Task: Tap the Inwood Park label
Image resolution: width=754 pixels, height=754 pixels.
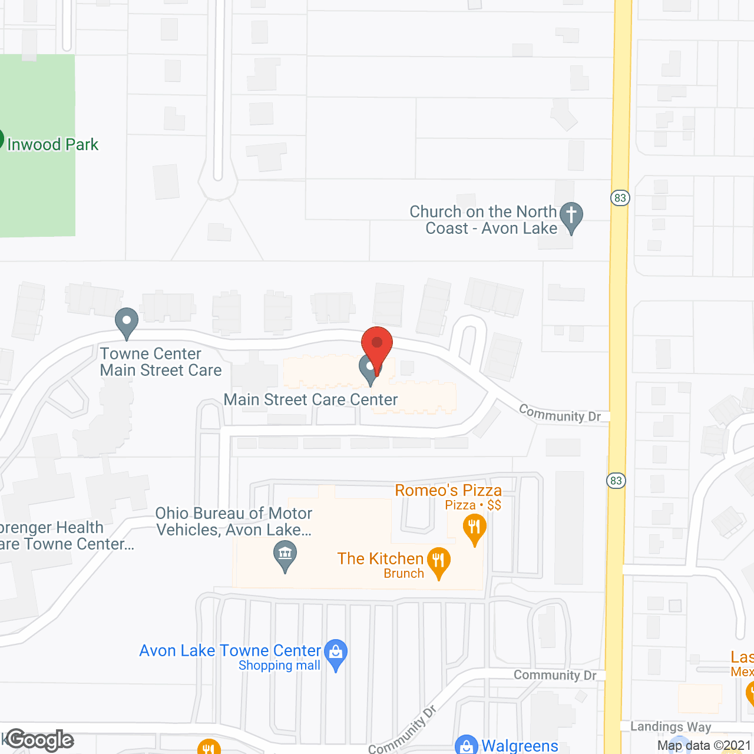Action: [x=52, y=144]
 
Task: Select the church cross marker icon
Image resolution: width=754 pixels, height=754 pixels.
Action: [x=571, y=217]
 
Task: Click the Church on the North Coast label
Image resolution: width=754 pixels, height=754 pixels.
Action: [x=483, y=220]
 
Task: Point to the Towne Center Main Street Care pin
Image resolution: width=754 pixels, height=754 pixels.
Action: [x=126, y=323]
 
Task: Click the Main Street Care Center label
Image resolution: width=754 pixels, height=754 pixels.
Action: [x=310, y=399]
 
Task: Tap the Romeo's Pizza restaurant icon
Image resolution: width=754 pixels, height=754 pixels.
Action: [x=474, y=528]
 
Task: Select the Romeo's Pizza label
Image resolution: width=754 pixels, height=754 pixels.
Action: [x=448, y=490]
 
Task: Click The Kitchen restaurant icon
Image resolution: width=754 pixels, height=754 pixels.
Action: [x=438, y=561]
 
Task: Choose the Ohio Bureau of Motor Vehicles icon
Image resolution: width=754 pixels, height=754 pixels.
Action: [x=285, y=556]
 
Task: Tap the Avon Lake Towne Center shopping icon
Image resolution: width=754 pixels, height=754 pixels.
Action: [x=336, y=654]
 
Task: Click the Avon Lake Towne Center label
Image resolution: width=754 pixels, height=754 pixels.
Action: [x=230, y=651]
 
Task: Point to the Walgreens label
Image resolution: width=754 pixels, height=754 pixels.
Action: [x=520, y=746]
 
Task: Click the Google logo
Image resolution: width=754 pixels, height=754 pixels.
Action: [x=40, y=740]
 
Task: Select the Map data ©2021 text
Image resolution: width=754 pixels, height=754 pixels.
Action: [x=704, y=745]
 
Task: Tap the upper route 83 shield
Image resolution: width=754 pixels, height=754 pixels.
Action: [x=620, y=198]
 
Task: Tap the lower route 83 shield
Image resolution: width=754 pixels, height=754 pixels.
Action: [x=616, y=481]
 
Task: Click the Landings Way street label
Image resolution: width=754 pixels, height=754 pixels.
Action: [x=670, y=726]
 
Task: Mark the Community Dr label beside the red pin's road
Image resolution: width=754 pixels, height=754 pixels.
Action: [x=560, y=413]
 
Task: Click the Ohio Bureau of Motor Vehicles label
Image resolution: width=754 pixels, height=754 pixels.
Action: [x=234, y=521]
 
